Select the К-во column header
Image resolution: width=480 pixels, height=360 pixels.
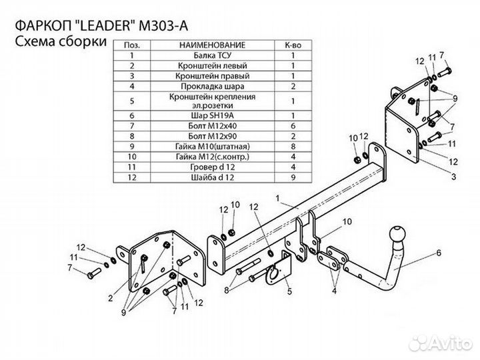pos(293,45)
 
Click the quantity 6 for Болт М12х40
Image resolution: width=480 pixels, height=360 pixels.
pos(293,125)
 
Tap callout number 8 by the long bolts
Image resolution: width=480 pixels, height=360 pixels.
pos(227,289)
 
